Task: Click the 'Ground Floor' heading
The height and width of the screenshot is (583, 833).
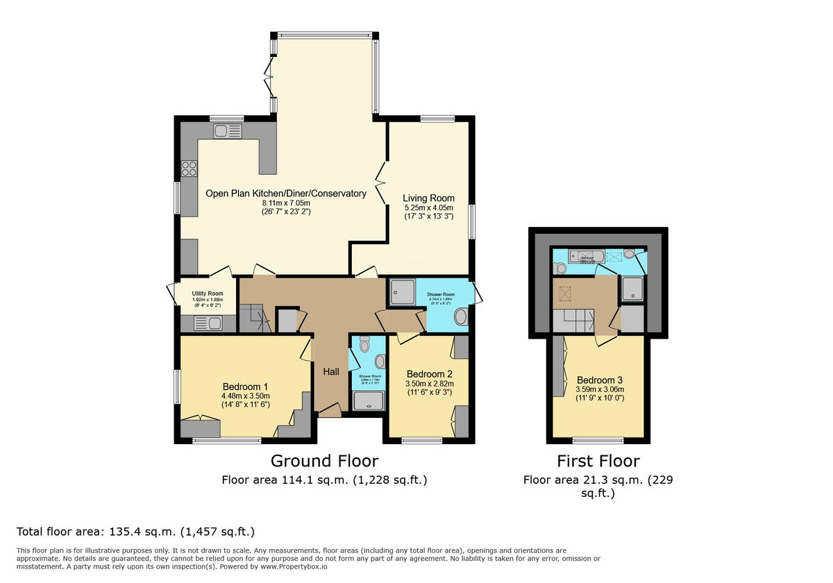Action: pyautogui.click(x=324, y=461)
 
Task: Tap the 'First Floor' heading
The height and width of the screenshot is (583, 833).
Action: pyautogui.click(x=598, y=461)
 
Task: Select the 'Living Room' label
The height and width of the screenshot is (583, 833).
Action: pyautogui.click(x=428, y=198)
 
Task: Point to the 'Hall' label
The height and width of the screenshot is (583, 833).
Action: pyautogui.click(x=331, y=372)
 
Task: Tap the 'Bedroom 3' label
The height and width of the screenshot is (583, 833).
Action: pyautogui.click(x=600, y=380)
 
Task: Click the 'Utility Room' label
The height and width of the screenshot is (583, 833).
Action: pyautogui.click(x=188, y=294)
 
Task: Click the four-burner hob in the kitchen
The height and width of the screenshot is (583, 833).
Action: pyautogui.click(x=189, y=169)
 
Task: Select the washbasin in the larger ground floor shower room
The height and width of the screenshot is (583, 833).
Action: pyautogui.click(x=461, y=319)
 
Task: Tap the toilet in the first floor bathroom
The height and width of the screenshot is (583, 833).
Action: pyautogui.click(x=561, y=267)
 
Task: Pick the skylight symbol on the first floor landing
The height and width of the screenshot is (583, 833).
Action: pyautogui.click(x=565, y=294)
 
